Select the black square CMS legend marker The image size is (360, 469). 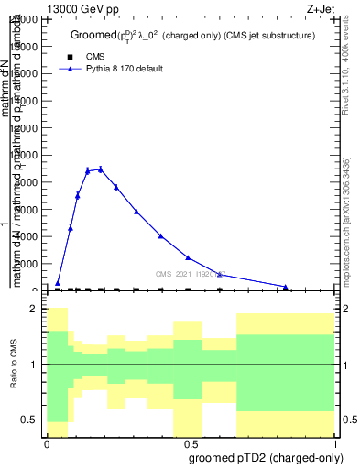point(71,57)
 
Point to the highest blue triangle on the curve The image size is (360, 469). point(100,169)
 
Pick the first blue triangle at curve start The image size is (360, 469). point(58,284)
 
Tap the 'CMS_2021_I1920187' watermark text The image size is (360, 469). point(190,274)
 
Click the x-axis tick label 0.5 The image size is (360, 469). point(190,442)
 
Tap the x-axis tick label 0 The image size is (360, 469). point(47,442)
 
